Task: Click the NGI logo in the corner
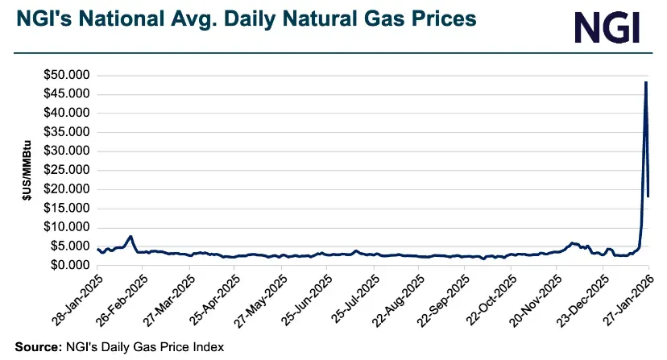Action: [x=607, y=27]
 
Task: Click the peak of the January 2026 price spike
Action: [x=646, y=82]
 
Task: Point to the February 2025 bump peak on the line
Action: [x=130, y=237]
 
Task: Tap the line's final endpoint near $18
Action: [x=648, y=196]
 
